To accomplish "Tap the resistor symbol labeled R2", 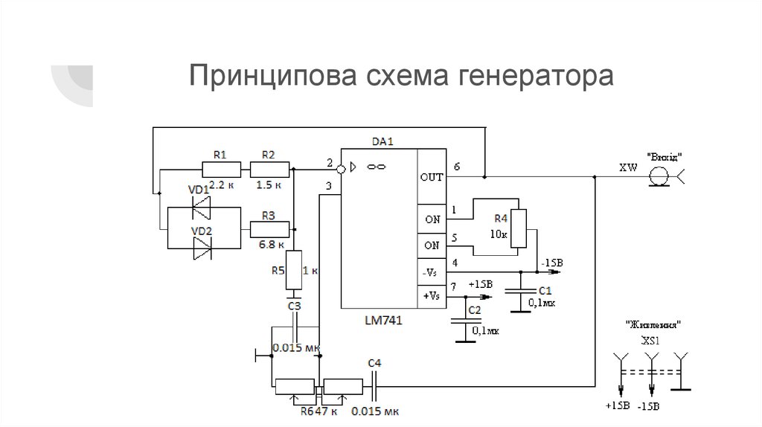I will tap(268, 170).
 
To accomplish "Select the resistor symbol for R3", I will tap(268, 230).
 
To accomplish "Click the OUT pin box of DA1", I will tap(431, 177).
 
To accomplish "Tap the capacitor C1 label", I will tap(544, 290).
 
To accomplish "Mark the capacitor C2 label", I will tap(475, 309).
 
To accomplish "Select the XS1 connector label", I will tap(653, 341).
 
